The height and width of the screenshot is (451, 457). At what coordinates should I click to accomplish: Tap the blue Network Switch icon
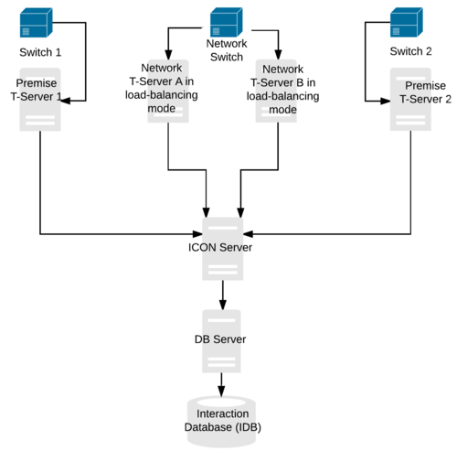226,21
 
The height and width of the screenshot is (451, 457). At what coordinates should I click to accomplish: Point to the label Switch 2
410,51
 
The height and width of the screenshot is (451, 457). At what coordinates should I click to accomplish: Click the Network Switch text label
226,49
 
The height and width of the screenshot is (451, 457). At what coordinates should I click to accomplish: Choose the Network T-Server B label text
283,89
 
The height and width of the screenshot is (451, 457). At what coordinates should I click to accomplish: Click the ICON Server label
222,246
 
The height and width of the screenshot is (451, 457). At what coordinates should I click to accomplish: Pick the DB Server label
222,338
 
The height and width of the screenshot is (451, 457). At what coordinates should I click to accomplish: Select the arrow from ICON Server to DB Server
222,294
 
